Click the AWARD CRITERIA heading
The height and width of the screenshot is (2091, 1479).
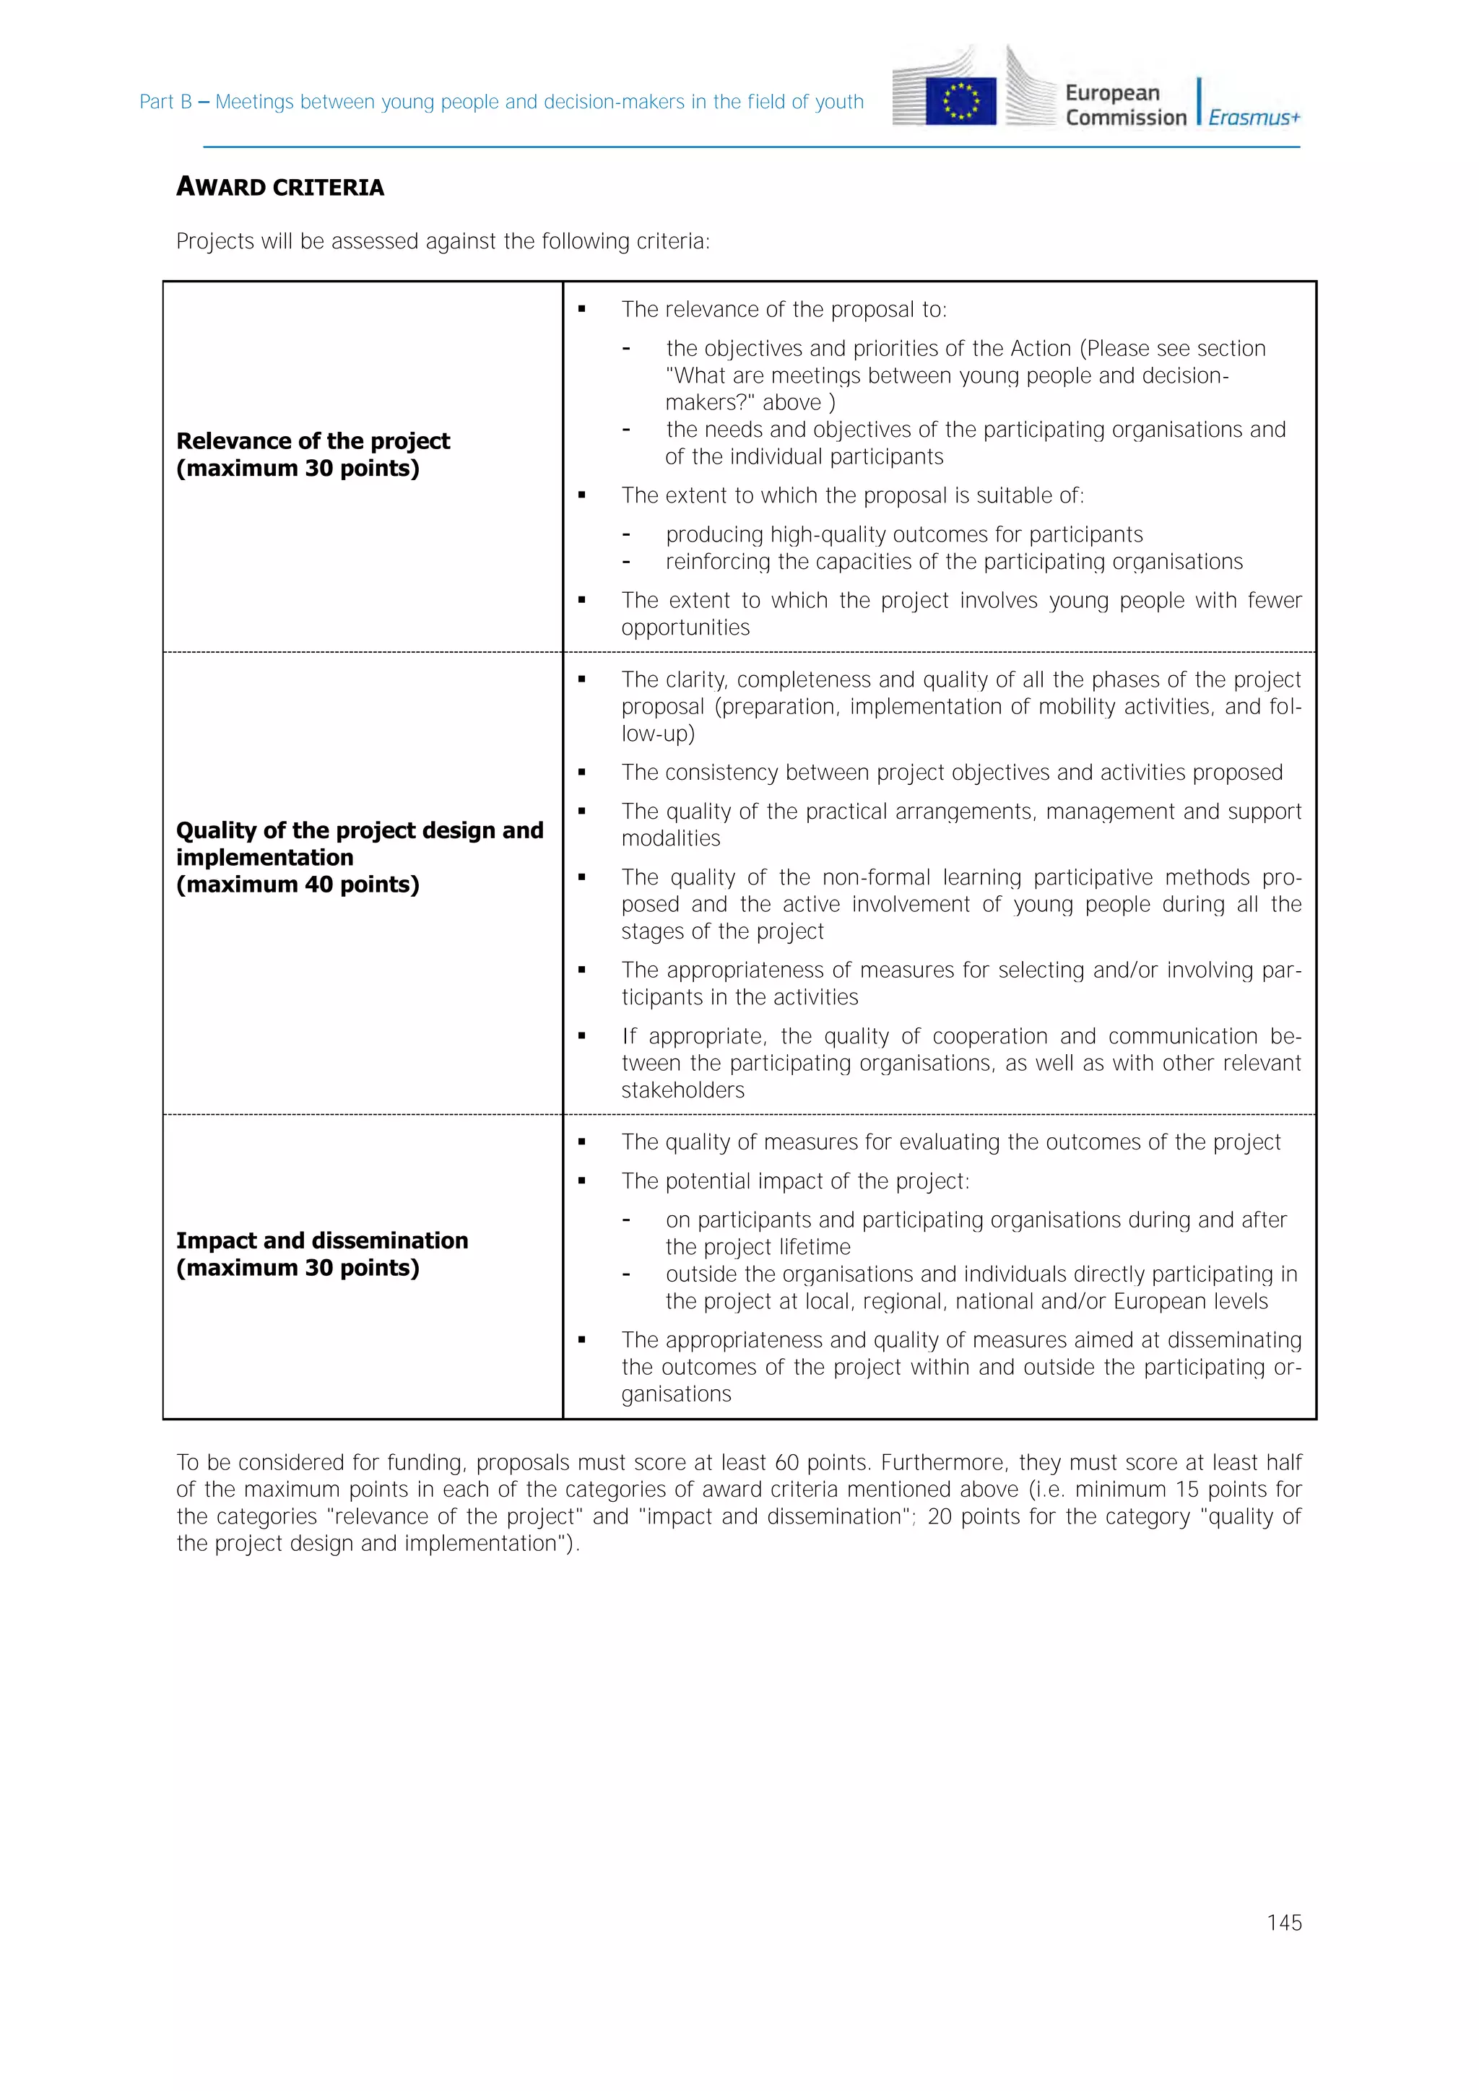279,188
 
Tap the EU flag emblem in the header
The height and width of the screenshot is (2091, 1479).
960,101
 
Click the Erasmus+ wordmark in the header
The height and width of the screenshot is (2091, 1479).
1254,118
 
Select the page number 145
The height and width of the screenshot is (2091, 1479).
1283,1923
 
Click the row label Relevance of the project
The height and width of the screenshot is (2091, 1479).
313,440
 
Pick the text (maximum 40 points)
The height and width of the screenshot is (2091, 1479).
297,884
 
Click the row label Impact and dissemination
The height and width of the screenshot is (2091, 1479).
321,1240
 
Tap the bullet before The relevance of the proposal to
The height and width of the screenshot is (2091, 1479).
581,310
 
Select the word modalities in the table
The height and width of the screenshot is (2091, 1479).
670,839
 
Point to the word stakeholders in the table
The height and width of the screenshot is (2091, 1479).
682,1090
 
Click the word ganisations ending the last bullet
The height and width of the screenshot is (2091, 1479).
676,1394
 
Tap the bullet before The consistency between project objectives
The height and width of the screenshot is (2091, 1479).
581,773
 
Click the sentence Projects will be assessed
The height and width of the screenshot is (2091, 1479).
442,241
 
